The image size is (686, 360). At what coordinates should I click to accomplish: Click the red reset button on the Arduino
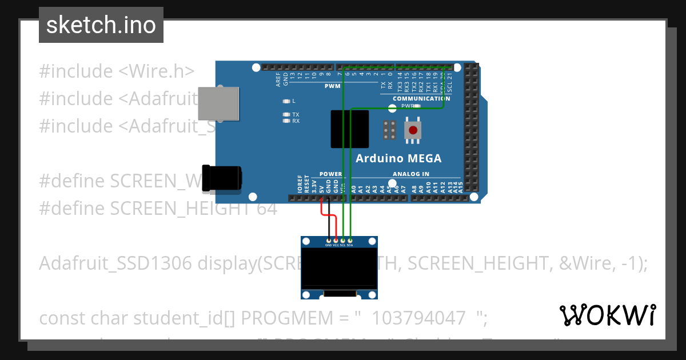tap(413, 130)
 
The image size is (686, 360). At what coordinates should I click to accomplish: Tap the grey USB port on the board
tap(218, 103)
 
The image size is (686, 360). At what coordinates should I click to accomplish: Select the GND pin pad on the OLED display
tap(328, 240)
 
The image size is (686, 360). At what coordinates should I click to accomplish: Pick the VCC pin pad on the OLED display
tap(336, 240)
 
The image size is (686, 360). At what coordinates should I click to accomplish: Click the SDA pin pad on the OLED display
tap(350, 240)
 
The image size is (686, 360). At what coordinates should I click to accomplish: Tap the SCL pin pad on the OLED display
tap(343, 240)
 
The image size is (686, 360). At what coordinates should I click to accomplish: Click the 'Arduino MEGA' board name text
tap(398, 158)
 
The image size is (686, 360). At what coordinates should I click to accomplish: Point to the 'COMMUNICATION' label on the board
tap(421, 98)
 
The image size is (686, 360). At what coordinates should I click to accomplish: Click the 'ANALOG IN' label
tap(410, 174)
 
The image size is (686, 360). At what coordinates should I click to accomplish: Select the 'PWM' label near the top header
tap(332, 86)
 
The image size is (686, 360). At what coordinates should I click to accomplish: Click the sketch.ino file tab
tap(101, 25)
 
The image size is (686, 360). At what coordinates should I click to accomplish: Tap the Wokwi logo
tap(607, 315)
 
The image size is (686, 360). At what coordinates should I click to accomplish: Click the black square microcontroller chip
tap(350, 129)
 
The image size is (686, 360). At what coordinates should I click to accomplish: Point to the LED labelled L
tap(287, 101)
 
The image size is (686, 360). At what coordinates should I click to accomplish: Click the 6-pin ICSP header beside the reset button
tap(390, 130)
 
